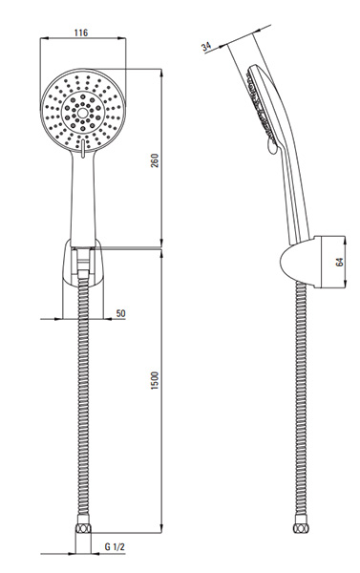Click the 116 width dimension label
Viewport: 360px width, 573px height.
(x=81, y=32)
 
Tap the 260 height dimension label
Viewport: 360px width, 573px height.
(x=155, y=160)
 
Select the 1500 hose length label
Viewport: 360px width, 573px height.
(x=155, y=380)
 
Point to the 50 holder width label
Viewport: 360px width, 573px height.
(x=120, y=313)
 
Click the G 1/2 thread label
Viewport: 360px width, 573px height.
(x=115, y=546)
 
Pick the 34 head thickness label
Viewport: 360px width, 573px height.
(x=206, y=47)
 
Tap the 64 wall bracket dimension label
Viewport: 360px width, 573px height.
(x=340, y=262)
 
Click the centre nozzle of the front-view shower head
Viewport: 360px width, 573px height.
(x=82, y=113)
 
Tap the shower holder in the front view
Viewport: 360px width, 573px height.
(x=83, y=262)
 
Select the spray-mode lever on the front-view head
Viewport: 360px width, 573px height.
(x=83, y=149)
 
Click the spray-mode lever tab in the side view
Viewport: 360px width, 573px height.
(x=272, y=147)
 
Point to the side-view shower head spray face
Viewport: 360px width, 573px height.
(x=260, y=105)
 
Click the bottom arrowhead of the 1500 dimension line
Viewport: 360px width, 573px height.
(x=161, y=528)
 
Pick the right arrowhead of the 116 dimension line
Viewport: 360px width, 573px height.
(x=121, y=37)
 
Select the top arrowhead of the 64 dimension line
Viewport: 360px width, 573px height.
(x=345, y=240)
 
